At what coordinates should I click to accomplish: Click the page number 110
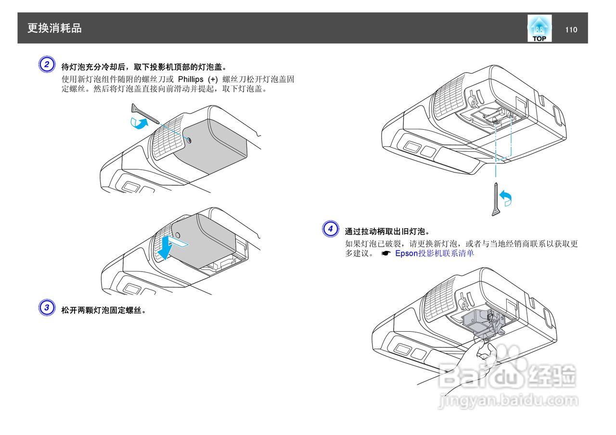pyautogui.click(x=571, y=30)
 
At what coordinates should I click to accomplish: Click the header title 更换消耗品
pyautogui.click(x=54, y=28)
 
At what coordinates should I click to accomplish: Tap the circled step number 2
pyautogui.click(x=46, y=64)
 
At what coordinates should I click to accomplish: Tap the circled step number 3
pyautogui.click(x=46, y=308)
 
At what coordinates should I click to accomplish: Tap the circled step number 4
pyautogui.click(x=330, y=229)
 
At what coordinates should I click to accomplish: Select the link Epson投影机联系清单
pyautogui.click(x=434, y=253)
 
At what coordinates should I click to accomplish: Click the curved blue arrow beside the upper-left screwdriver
pyautogui.click(x=140, y=124)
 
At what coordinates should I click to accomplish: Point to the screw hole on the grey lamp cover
pyautogui.click(x=189, y=140)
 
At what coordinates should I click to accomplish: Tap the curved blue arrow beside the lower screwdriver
pyautogui.click(x=506, y=198)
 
